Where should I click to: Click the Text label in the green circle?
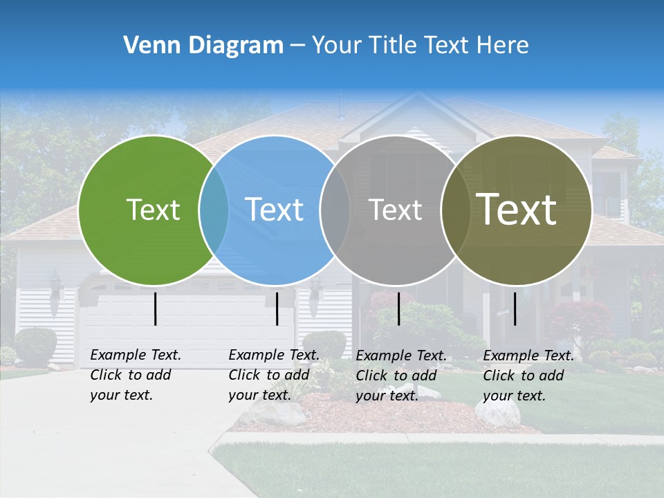153,210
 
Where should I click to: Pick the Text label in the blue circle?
275,210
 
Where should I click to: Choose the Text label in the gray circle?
395,210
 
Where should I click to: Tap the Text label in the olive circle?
517,210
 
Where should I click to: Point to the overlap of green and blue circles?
214,210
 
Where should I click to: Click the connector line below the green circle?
155,308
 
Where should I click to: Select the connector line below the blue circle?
277,308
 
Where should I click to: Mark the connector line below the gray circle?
398,308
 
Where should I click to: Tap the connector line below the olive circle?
515,308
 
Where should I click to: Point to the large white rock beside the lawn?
497,412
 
